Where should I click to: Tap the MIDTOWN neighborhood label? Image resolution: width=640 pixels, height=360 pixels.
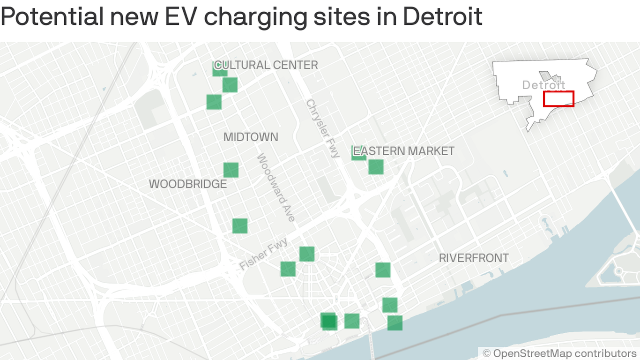(251, 137)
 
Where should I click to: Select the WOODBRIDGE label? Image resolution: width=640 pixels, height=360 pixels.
(188, 184)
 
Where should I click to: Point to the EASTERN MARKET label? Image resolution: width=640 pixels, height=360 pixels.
(404, 151)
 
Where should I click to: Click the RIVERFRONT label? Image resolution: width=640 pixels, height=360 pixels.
(474, 258)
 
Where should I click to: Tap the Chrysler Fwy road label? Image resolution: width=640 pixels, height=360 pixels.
(322, 128)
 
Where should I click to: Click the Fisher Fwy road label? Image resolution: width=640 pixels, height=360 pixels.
(263, 254)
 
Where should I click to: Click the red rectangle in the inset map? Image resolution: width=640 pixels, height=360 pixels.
(558, 99)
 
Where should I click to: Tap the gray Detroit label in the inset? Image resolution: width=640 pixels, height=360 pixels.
(543, 85)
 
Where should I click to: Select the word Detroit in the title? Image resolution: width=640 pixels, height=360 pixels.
(442, 17)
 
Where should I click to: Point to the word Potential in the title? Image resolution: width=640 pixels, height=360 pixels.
(52, 17)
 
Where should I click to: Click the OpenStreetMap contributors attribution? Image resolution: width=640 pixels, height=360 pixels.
(559, 353)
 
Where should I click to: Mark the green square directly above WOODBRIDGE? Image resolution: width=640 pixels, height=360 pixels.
(231, 170)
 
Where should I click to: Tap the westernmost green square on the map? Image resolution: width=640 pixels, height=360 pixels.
(214, 102)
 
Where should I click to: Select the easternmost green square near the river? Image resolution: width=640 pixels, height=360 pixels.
(395, 323)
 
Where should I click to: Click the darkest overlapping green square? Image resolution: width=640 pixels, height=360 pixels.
(329, 321)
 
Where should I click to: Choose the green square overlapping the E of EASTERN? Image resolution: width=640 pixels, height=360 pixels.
(358, 153)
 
